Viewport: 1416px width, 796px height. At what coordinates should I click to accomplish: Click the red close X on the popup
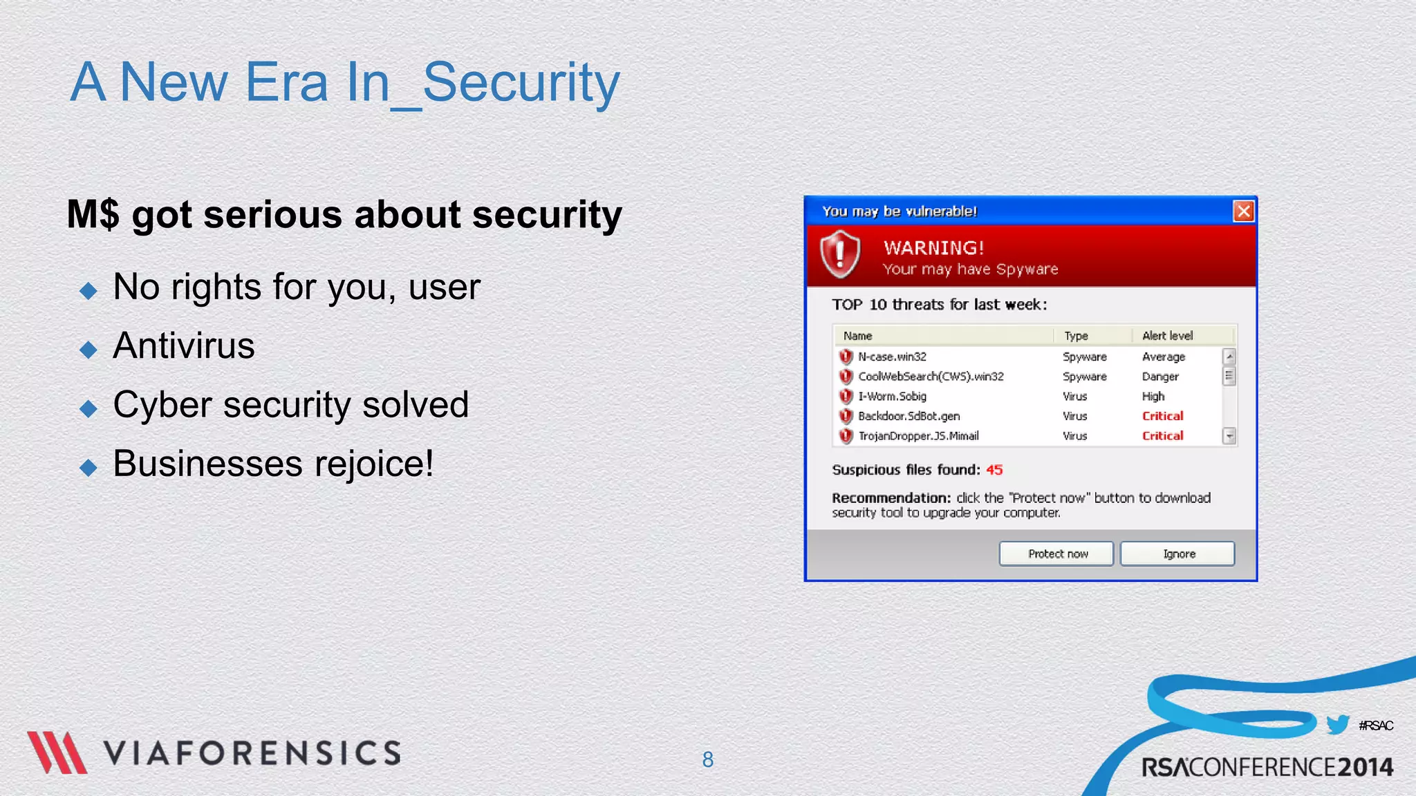1243,211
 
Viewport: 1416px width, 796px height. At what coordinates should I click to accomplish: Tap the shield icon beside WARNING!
840,254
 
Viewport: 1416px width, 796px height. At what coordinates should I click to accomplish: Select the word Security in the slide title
521,83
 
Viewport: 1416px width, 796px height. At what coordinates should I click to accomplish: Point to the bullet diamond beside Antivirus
88,349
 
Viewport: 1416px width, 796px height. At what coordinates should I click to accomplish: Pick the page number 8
707,759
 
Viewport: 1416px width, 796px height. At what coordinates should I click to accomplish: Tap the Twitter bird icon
1337,724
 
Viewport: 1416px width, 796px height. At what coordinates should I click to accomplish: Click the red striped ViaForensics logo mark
57,752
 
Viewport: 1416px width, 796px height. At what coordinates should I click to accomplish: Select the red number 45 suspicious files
994,470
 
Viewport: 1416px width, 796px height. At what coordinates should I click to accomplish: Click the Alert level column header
1167,336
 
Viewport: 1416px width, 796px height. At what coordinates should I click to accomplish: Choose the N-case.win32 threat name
892,357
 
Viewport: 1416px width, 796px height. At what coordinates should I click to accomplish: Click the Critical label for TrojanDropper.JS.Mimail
1162,436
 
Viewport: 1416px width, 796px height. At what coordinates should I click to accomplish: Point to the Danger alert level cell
1159,377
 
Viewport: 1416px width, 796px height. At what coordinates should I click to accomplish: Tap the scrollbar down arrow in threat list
1229,436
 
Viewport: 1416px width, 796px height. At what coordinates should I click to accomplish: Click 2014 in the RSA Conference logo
1365,768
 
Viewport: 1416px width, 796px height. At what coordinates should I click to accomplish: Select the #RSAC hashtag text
1375,726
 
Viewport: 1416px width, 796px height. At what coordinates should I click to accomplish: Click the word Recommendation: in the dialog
891,498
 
